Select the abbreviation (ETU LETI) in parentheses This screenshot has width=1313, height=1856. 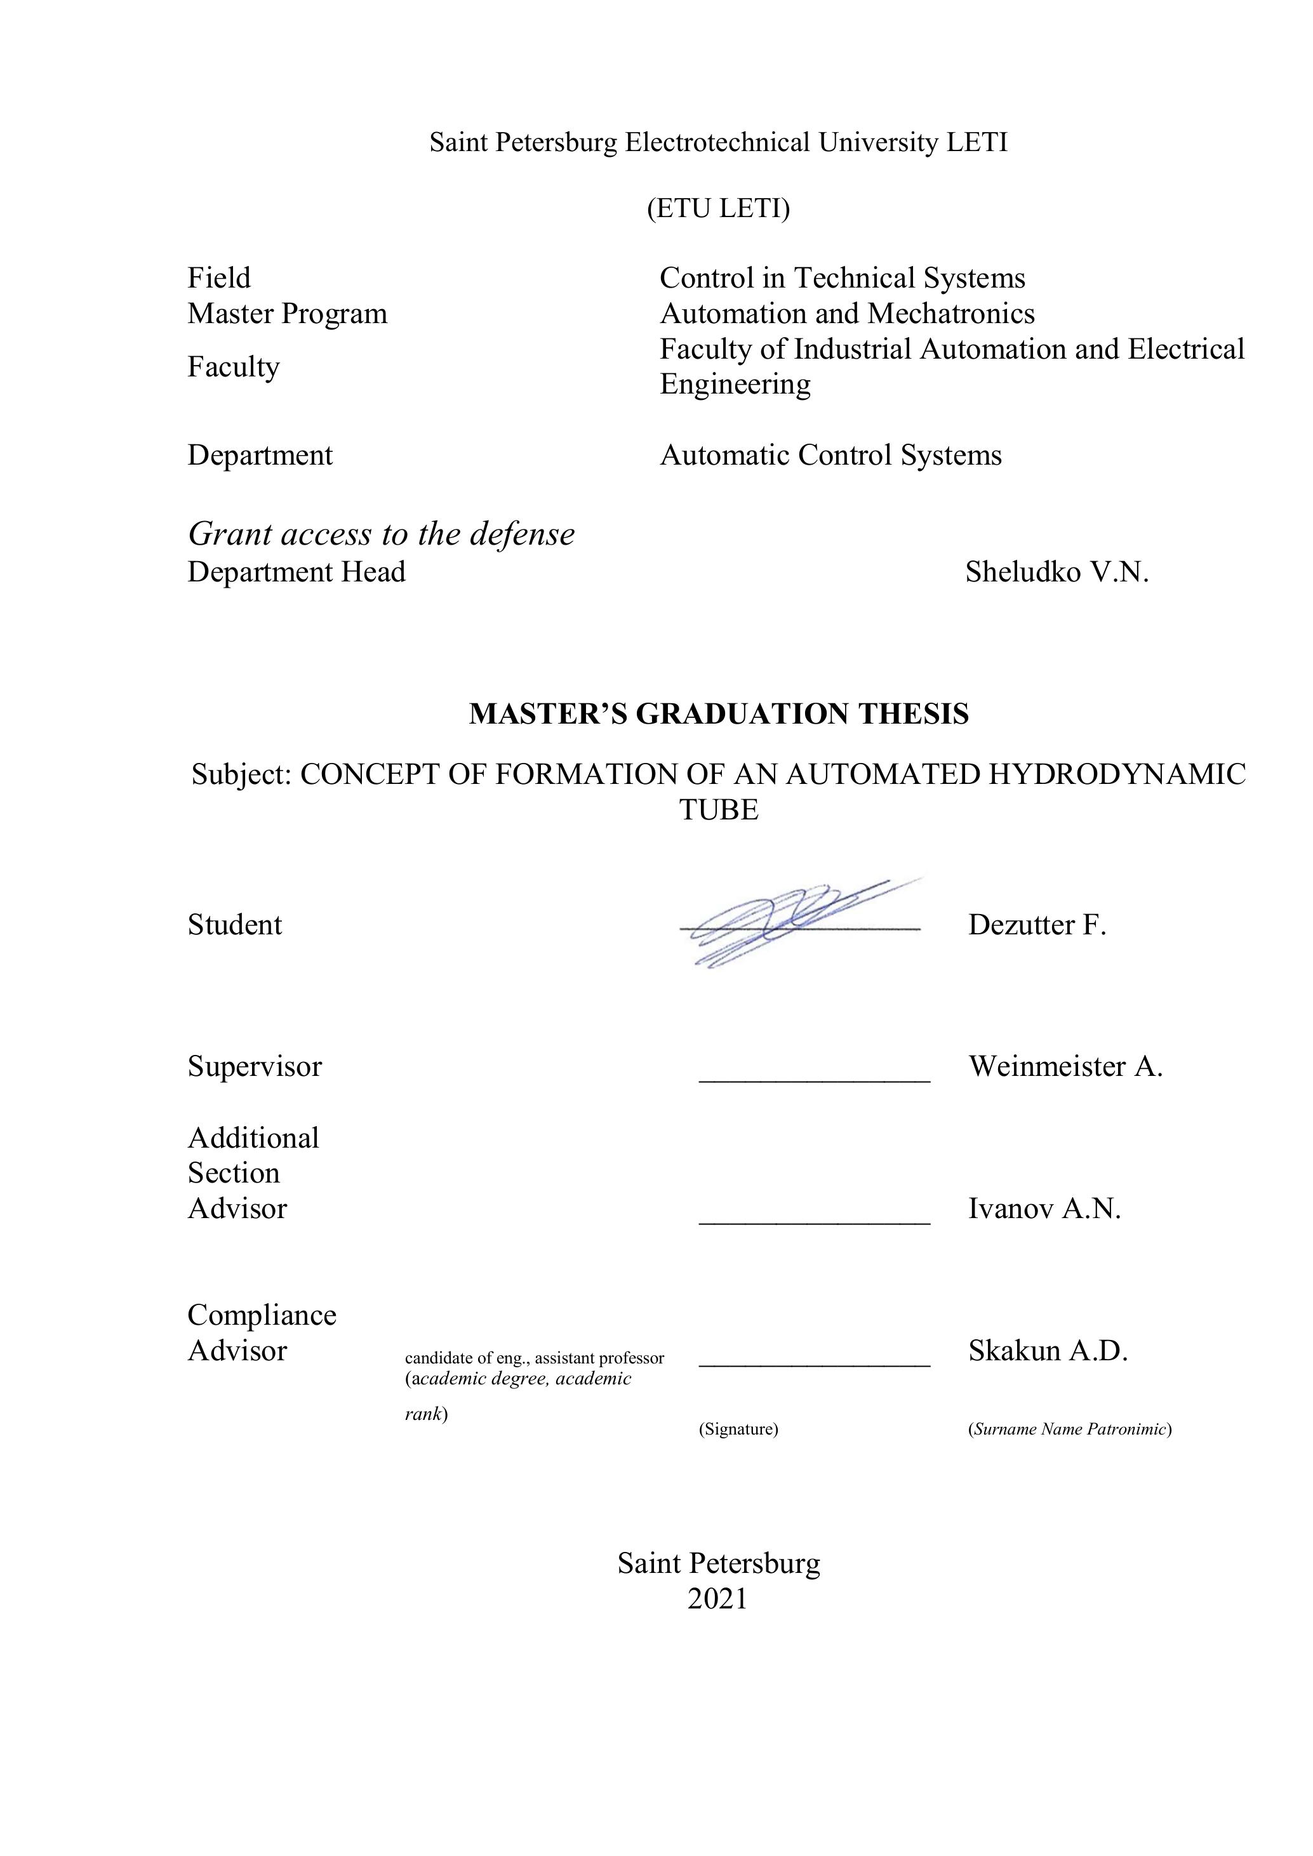click(718, 209)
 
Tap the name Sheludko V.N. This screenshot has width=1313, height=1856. click(1056, 573)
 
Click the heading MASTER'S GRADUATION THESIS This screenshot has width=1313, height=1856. click(718, 714)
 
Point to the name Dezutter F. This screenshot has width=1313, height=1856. click(1036, 925)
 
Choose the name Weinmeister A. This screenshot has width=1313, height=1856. click(1065, 1066)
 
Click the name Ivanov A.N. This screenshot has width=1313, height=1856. click(1044, 1209)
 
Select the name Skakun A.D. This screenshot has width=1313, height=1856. click(1047, 1351)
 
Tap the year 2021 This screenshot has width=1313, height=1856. click(717, 1599)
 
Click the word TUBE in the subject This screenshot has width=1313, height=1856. click(718, 809)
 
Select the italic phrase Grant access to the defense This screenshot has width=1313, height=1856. click(381, 534)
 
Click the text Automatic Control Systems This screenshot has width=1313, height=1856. click(830, 455)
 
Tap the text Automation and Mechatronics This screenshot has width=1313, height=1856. click(846, 314)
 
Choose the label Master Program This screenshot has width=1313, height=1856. click(287, 314)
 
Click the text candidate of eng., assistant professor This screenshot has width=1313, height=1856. click(535, 1358)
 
